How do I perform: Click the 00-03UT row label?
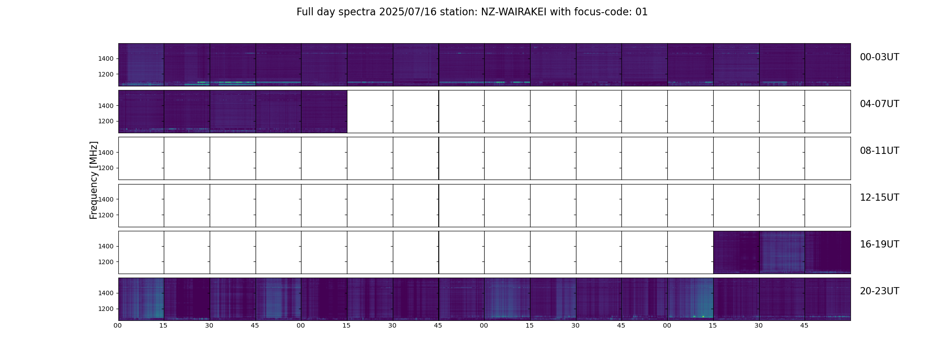(x=879, y=57)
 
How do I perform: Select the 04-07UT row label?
(x=879, y=104)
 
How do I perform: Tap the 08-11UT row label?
(x=879, y=151)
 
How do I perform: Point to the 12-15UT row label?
(x=879, y=198)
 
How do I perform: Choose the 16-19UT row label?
(x=879, y=244)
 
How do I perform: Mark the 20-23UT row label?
(x=879, y=291)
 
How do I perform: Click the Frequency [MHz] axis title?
(x=94, y=180)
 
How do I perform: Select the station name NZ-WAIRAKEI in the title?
(x=514, y=12)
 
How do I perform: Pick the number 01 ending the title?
(x=642, y=12)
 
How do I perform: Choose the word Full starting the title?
(x=304, y=12)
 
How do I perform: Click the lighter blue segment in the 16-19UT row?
(x=782, y=252)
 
